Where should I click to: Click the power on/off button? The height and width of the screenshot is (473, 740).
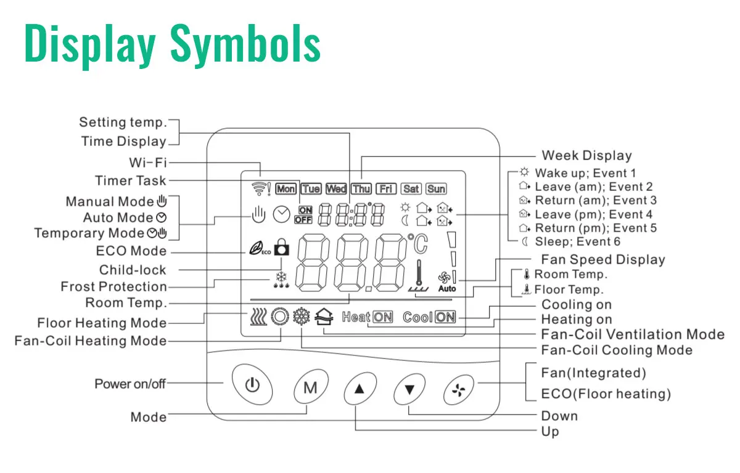click(x=252, y=386)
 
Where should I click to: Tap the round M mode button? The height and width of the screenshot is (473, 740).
click(x=310, y=388)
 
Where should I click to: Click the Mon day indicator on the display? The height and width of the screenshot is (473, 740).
click(x=286, y=189)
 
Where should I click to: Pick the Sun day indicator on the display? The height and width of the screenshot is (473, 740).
click(x=436, y=189)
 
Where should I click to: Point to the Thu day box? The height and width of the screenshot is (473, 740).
click(x=361, y=189)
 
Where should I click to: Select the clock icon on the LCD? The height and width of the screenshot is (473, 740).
click(x=281, y=214)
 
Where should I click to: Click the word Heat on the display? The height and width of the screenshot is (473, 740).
click(x=356, y=317)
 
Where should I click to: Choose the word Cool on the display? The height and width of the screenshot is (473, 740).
click(x=417, y=317)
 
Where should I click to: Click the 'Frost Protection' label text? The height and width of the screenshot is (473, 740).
click(x=113, y=286)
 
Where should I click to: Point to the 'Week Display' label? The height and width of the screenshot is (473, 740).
click(x=586, y=156)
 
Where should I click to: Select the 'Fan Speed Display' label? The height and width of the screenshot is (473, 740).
click(x=602, y=259)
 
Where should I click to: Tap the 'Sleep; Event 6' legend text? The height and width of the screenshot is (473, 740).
click(x=577, y=241)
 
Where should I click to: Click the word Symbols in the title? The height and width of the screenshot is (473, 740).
click(x=245, y=43)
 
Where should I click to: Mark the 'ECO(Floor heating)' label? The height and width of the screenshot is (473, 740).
click(x=606, y=394)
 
